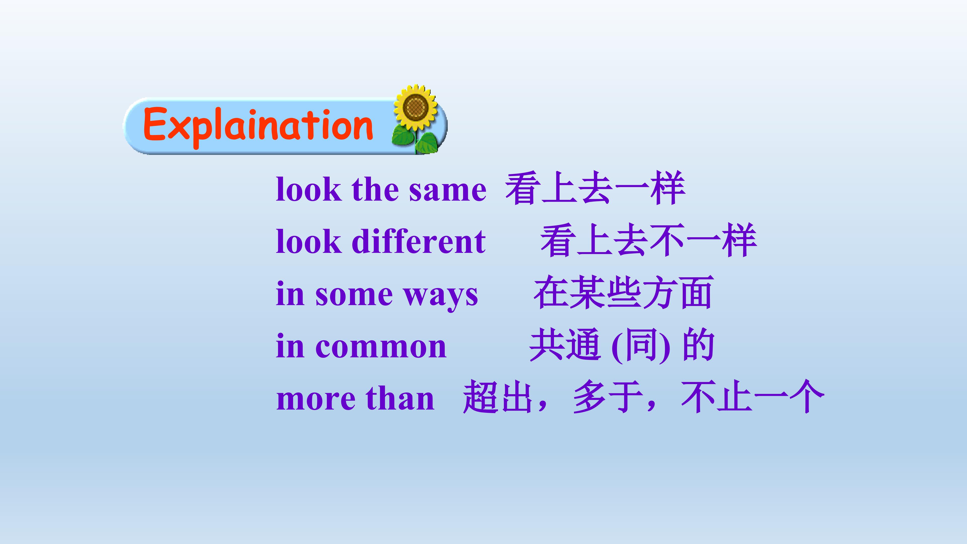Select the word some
click(x=354, y=295)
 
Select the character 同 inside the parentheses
click(x=641, y=344)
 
